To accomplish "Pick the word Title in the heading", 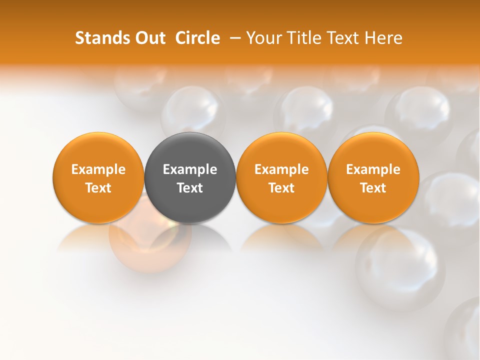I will click(302, 38).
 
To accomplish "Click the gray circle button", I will click(190, 177).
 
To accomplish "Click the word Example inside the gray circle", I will click(190, 169).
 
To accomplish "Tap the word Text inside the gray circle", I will click(190, 188).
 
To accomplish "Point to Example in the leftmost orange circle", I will click(98, 169).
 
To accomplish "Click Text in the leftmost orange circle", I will click(98, 188).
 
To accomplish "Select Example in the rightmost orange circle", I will click(373, 169).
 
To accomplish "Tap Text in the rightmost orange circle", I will click(373, 188).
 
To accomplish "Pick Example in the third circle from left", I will click(281, 169).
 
